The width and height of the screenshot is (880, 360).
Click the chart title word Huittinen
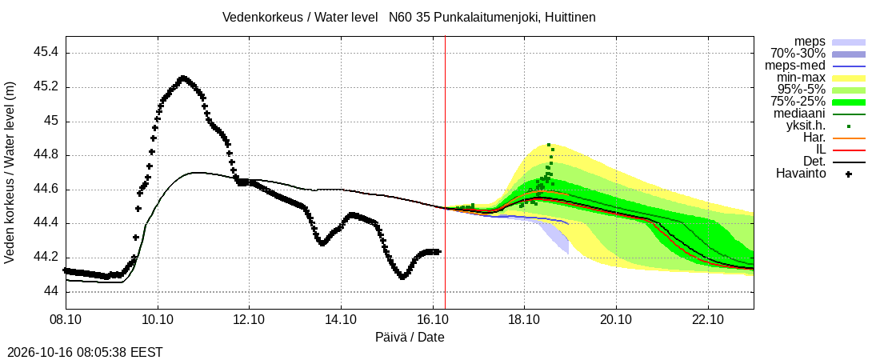click(569, 18)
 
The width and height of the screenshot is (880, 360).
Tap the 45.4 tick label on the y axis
click(46, 53)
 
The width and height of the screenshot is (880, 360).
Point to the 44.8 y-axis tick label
click(46, 155)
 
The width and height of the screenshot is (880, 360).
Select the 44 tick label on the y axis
click(51, 292)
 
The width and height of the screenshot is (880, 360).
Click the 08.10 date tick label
click(66, 321)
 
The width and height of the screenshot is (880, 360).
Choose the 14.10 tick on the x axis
click(342, 321)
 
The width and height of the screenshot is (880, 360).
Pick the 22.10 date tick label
click(708, 321)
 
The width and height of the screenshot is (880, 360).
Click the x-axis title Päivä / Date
click(410, 338)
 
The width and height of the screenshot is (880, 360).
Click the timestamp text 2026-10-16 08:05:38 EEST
click(82, 353)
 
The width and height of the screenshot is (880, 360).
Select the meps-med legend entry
click(795, 66)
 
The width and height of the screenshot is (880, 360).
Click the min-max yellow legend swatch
click(849, 78)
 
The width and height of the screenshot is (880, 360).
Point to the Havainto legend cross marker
click(849, 174)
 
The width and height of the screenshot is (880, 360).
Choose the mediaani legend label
click(801, 114)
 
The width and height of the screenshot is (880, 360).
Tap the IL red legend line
click(849, 150)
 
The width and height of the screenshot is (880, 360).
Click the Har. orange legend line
click(849, 138)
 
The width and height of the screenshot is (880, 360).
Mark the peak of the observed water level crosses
click(182, 78)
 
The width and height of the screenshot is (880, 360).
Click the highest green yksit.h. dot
click(549, 145)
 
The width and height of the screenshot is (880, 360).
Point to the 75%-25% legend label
click(798, 102)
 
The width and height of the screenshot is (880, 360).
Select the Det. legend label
click(815, 162)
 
